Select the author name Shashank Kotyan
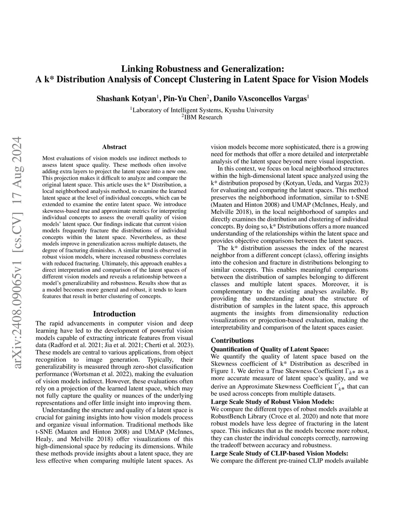(127, 98)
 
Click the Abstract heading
(114, 147)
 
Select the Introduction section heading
(114, 314)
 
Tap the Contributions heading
(232, 340)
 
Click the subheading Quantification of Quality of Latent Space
(269, 349)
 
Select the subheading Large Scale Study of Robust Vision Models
(273, 402)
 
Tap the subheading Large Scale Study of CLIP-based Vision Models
(279, 453)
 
